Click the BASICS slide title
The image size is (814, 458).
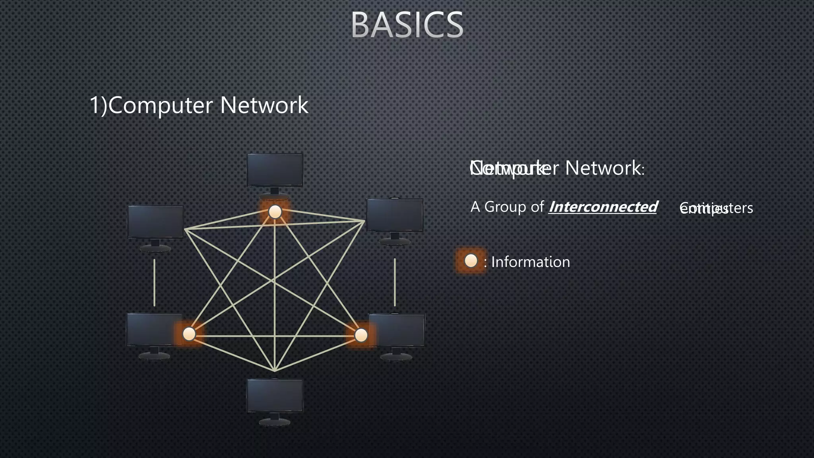pos(407,25)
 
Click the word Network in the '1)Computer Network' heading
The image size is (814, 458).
pos(264,105)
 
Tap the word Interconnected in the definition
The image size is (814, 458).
pos(603,207)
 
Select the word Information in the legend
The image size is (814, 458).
pos(531,262)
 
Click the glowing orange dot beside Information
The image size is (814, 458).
pos(471,261)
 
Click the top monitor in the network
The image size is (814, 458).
pos(275,170)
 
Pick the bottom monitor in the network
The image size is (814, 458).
pos(275,396)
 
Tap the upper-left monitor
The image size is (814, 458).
pos(155,222)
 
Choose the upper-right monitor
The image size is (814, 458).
pos(395,215)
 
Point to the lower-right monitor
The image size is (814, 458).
pos(397,331)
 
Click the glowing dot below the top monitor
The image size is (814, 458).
pos(275,212)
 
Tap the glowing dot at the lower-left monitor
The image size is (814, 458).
pos(189,334)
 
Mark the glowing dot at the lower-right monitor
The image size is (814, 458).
pos(361,335)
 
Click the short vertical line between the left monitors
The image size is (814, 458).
pos(154,282)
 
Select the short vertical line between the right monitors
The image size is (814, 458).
pos(395,282)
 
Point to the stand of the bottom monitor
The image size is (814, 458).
pos(275,419)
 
